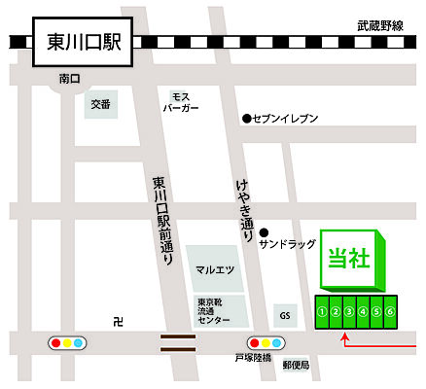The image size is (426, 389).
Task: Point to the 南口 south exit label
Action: click(x=69, y=77)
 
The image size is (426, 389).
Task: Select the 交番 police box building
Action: click(x=101, y=104)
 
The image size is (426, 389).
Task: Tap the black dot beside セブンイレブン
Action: click(x=246, y=118)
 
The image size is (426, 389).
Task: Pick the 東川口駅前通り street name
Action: click(x=160, y=222)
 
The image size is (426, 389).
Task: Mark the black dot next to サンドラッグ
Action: click(x=264, y=232)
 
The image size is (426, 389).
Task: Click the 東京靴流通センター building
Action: click(x=214, y=310)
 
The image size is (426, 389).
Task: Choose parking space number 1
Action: click(x=322, y=311)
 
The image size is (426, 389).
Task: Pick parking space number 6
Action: click(x=389, y=311)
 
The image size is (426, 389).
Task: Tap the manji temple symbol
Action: click(x=118, y=321)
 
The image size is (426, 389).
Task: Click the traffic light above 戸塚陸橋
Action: click(x=266, y=343)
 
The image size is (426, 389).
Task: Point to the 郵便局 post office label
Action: click(x=296, y=366)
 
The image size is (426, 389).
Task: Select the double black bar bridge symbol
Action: click(x=178, y=341)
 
